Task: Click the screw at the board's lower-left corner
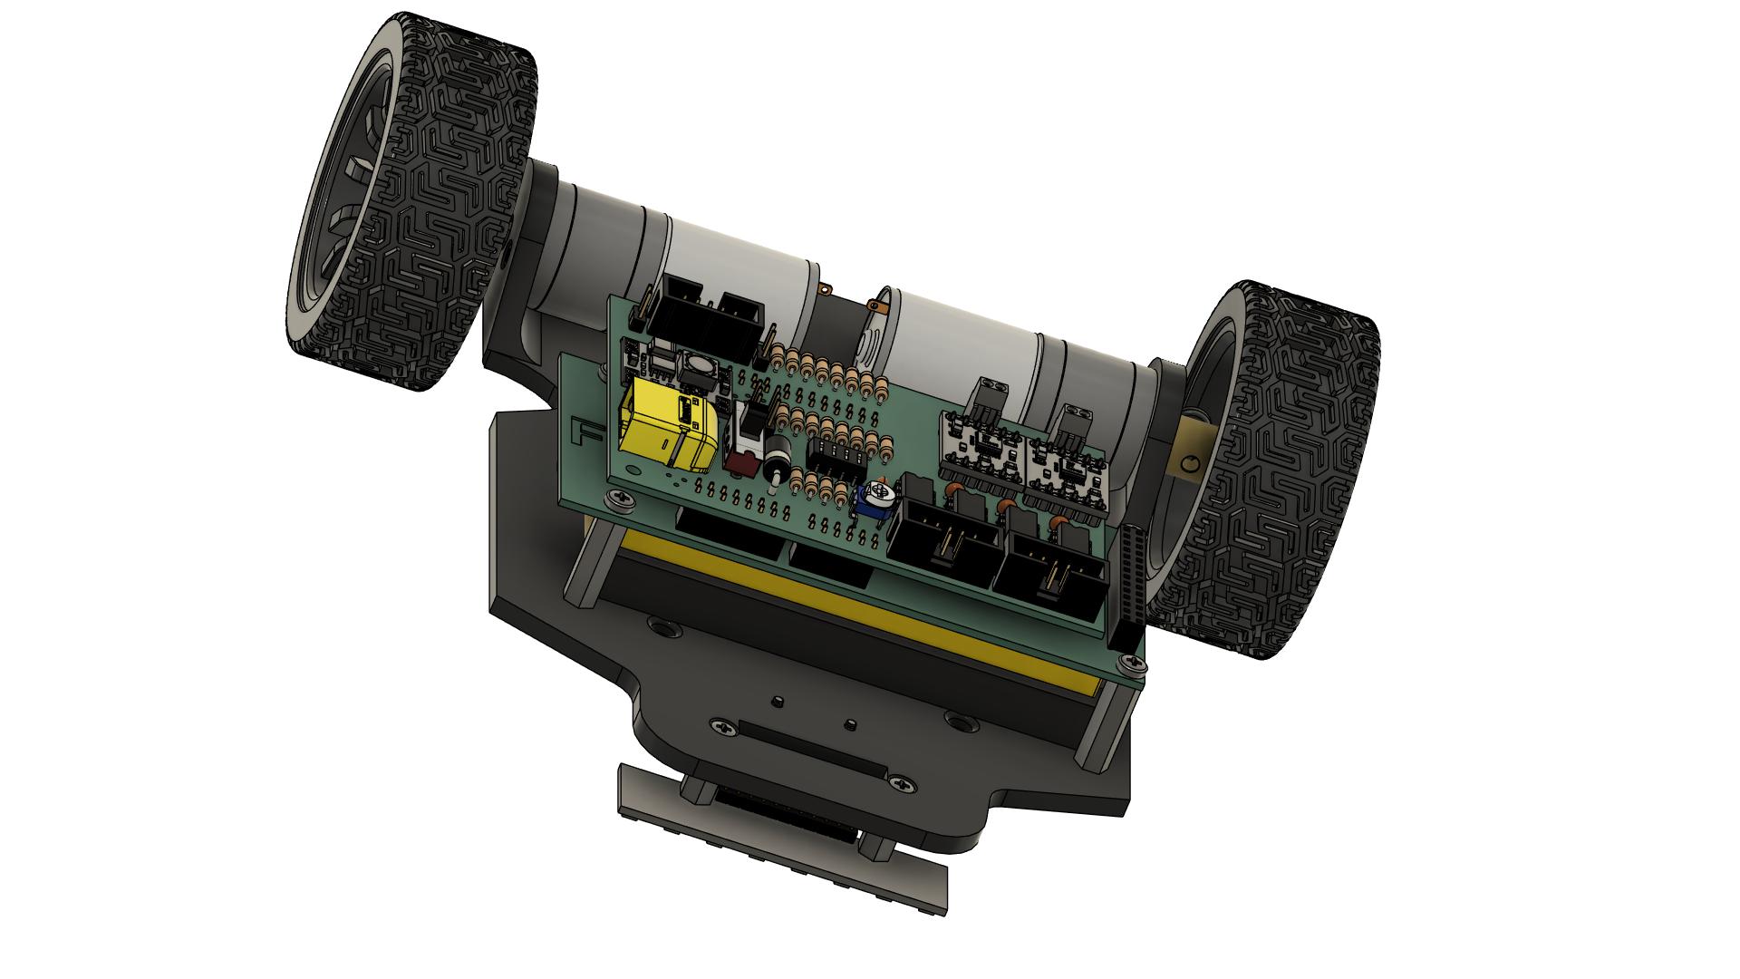[620, 497]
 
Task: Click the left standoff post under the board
[583, 562]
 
